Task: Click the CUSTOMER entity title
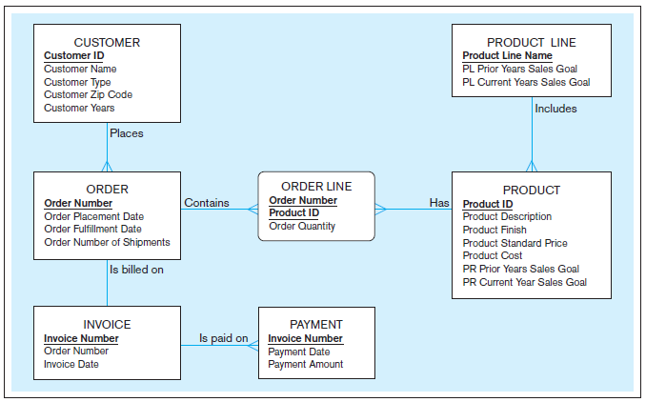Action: (107, 43)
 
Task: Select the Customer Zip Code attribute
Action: (88, 95)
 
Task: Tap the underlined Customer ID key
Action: (73, 56)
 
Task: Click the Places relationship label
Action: (127, 133)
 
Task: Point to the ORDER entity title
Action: (107, 190)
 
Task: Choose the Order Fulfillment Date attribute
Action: (92, 229)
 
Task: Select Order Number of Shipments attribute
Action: (107, 242)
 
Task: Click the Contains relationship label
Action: (207, 203)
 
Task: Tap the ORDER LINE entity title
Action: (316, 187)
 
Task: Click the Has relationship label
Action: (439, 203)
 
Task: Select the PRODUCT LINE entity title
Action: (531, 43)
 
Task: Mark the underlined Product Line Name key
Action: (507, 56)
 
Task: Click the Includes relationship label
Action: (555, 109)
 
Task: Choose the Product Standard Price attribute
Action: (515, 243)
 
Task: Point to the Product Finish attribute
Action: (494, 230)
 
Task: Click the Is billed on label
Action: (136, 270)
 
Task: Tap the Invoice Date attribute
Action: (71, 364)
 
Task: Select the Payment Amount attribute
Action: (305, 364)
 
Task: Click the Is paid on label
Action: (223, 338)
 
